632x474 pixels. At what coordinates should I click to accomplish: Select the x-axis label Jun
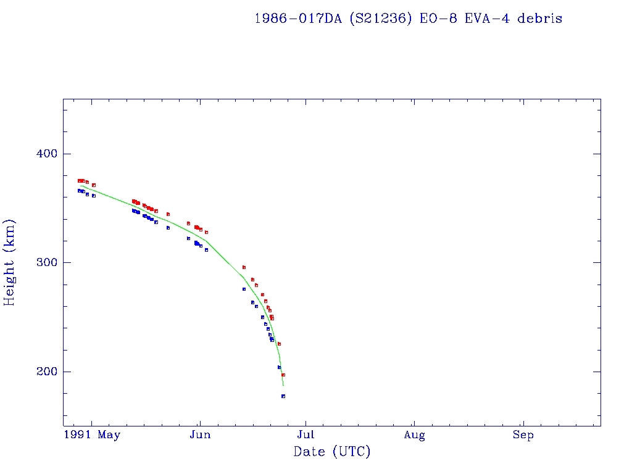200,435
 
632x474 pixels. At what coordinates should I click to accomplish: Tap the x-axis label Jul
306,435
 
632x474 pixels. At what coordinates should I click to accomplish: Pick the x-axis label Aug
414,435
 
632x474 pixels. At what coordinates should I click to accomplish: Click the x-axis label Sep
523,435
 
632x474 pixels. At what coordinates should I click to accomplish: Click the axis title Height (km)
9,262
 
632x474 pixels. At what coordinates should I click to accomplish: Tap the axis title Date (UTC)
332,452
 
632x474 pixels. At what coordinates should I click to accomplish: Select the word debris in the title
540,19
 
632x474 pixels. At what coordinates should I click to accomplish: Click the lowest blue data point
283,396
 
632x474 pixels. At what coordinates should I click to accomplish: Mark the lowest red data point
283,375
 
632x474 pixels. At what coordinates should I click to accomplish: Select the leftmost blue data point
79,191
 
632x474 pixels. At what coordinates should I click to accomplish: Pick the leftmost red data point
79,181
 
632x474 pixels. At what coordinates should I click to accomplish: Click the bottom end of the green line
283,386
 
